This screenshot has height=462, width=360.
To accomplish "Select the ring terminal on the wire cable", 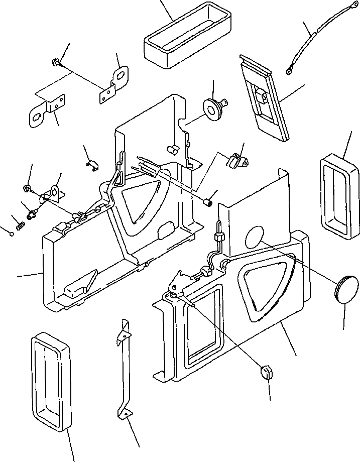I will (290, 72).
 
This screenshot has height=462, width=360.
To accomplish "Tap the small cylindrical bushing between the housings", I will (208, 203).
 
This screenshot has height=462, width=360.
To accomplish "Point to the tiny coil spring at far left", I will (21, 226).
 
